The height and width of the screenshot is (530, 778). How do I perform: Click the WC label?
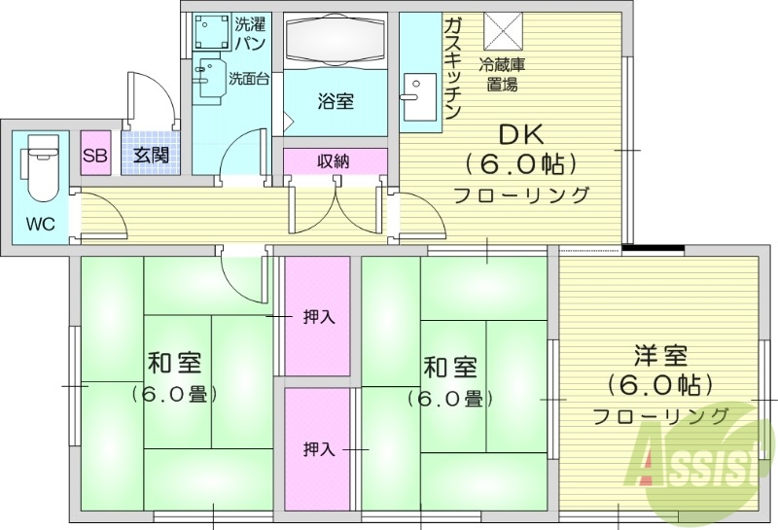pos(39,226)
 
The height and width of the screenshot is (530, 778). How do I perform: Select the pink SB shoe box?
pos(94,155)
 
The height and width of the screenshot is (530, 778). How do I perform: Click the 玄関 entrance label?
pos(151,155)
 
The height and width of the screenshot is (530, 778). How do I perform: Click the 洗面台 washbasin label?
pos(248,79)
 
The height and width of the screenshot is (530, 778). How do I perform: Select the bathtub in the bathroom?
pos(336,44)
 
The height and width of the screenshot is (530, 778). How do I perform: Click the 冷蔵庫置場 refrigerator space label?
pos(503,75)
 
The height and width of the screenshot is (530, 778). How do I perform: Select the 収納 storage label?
pos(334,161)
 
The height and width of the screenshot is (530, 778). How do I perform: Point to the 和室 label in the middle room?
pos(449,368)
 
